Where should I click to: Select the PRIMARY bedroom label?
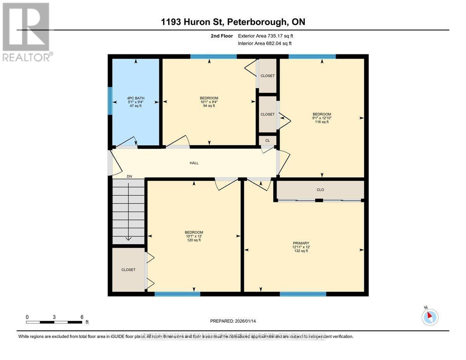coord(301,243)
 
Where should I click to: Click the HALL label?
coord(194,163)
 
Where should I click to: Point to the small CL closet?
coord(268,141)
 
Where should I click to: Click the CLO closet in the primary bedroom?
coord(320,190)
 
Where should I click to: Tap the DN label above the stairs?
coord(129,176)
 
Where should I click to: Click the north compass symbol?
coord(430,317)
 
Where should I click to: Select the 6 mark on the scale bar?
coord(82,317)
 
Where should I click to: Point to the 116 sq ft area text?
coord(322,122)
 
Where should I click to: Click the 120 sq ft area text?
coord(194,240)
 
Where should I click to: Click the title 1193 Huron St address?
coord(233,22)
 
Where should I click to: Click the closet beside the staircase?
coord(128,270)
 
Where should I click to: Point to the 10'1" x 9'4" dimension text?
coord(209,102)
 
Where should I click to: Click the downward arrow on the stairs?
coord(129,238)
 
